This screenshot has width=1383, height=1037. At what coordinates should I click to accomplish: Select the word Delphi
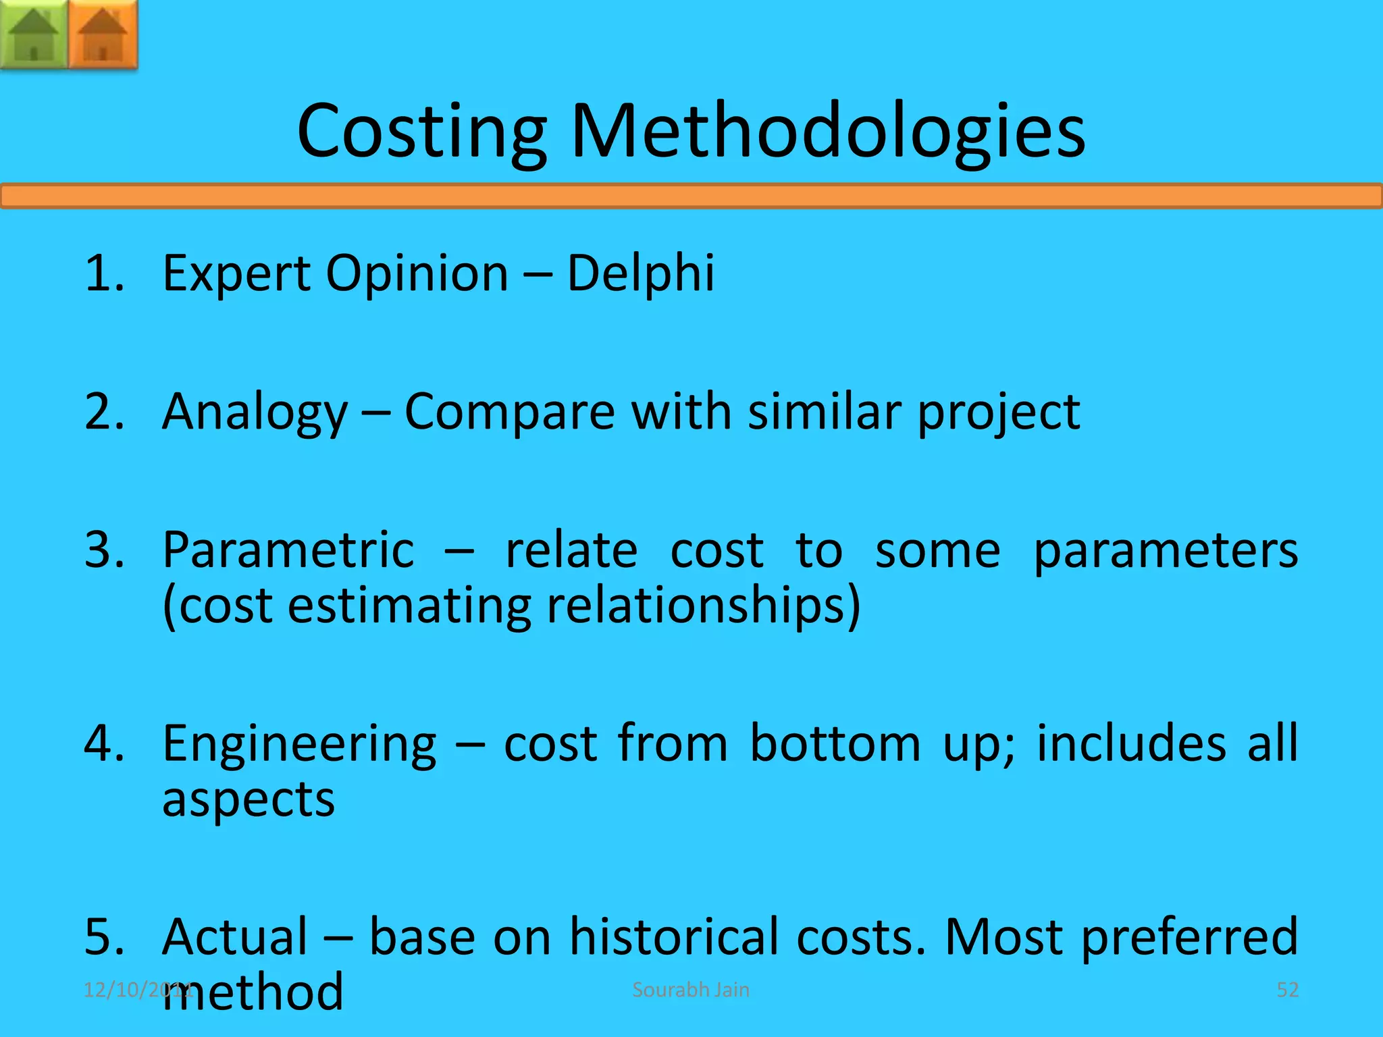640,273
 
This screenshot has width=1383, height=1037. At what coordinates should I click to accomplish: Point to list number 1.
105,273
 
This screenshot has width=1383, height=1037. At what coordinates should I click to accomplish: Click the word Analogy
255,412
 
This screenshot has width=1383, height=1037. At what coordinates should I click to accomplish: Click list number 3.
105,550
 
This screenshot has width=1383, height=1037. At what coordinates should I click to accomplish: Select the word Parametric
288,550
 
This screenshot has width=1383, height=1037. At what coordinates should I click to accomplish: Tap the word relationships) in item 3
703,606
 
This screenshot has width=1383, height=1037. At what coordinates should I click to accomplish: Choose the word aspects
249,801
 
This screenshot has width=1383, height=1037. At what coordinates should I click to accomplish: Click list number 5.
105,937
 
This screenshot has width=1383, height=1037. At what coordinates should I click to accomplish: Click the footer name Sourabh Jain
690,990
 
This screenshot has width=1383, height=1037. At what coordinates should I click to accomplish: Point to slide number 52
1287,990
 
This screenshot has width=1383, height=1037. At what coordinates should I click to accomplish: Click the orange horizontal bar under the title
691,196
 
